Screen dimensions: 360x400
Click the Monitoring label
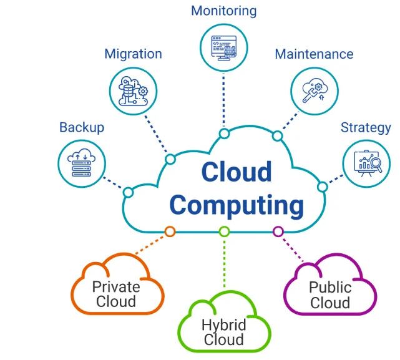point(224,11)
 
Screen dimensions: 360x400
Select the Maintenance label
point(314,54)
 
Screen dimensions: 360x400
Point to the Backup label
point(82,127)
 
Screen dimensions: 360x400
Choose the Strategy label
point(366,127)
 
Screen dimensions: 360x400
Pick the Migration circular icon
point(133,90)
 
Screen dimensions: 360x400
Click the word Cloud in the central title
point(237,172)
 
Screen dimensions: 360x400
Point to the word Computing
point(237,204)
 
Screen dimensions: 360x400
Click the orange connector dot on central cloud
point(170,231)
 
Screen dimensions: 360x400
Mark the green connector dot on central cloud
point(224,231)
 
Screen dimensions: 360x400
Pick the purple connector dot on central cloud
point(278,231)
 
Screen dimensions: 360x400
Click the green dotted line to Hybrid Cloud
point(224,262)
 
